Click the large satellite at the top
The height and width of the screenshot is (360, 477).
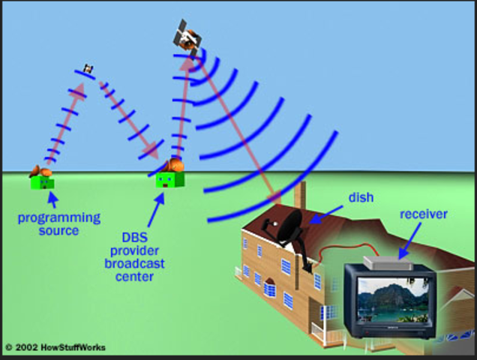(x=187, y=36)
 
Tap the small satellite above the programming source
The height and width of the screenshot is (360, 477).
(x=89, y=69)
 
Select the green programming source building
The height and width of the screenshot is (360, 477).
(x=43, y=181)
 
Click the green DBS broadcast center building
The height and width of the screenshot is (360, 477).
(x=166, y=180)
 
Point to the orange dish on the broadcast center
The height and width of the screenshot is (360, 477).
(x=175, y=165)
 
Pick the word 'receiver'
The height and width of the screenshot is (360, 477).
(x=423, y=214)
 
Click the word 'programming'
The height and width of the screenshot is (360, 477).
(x=59, y=217)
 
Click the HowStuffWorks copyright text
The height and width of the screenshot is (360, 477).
(x=55, y=347)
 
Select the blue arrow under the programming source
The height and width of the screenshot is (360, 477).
(x=51, y=199)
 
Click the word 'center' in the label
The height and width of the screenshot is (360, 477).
(x=134, y=277)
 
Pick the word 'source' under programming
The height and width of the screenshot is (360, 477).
(x=58, y=230)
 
